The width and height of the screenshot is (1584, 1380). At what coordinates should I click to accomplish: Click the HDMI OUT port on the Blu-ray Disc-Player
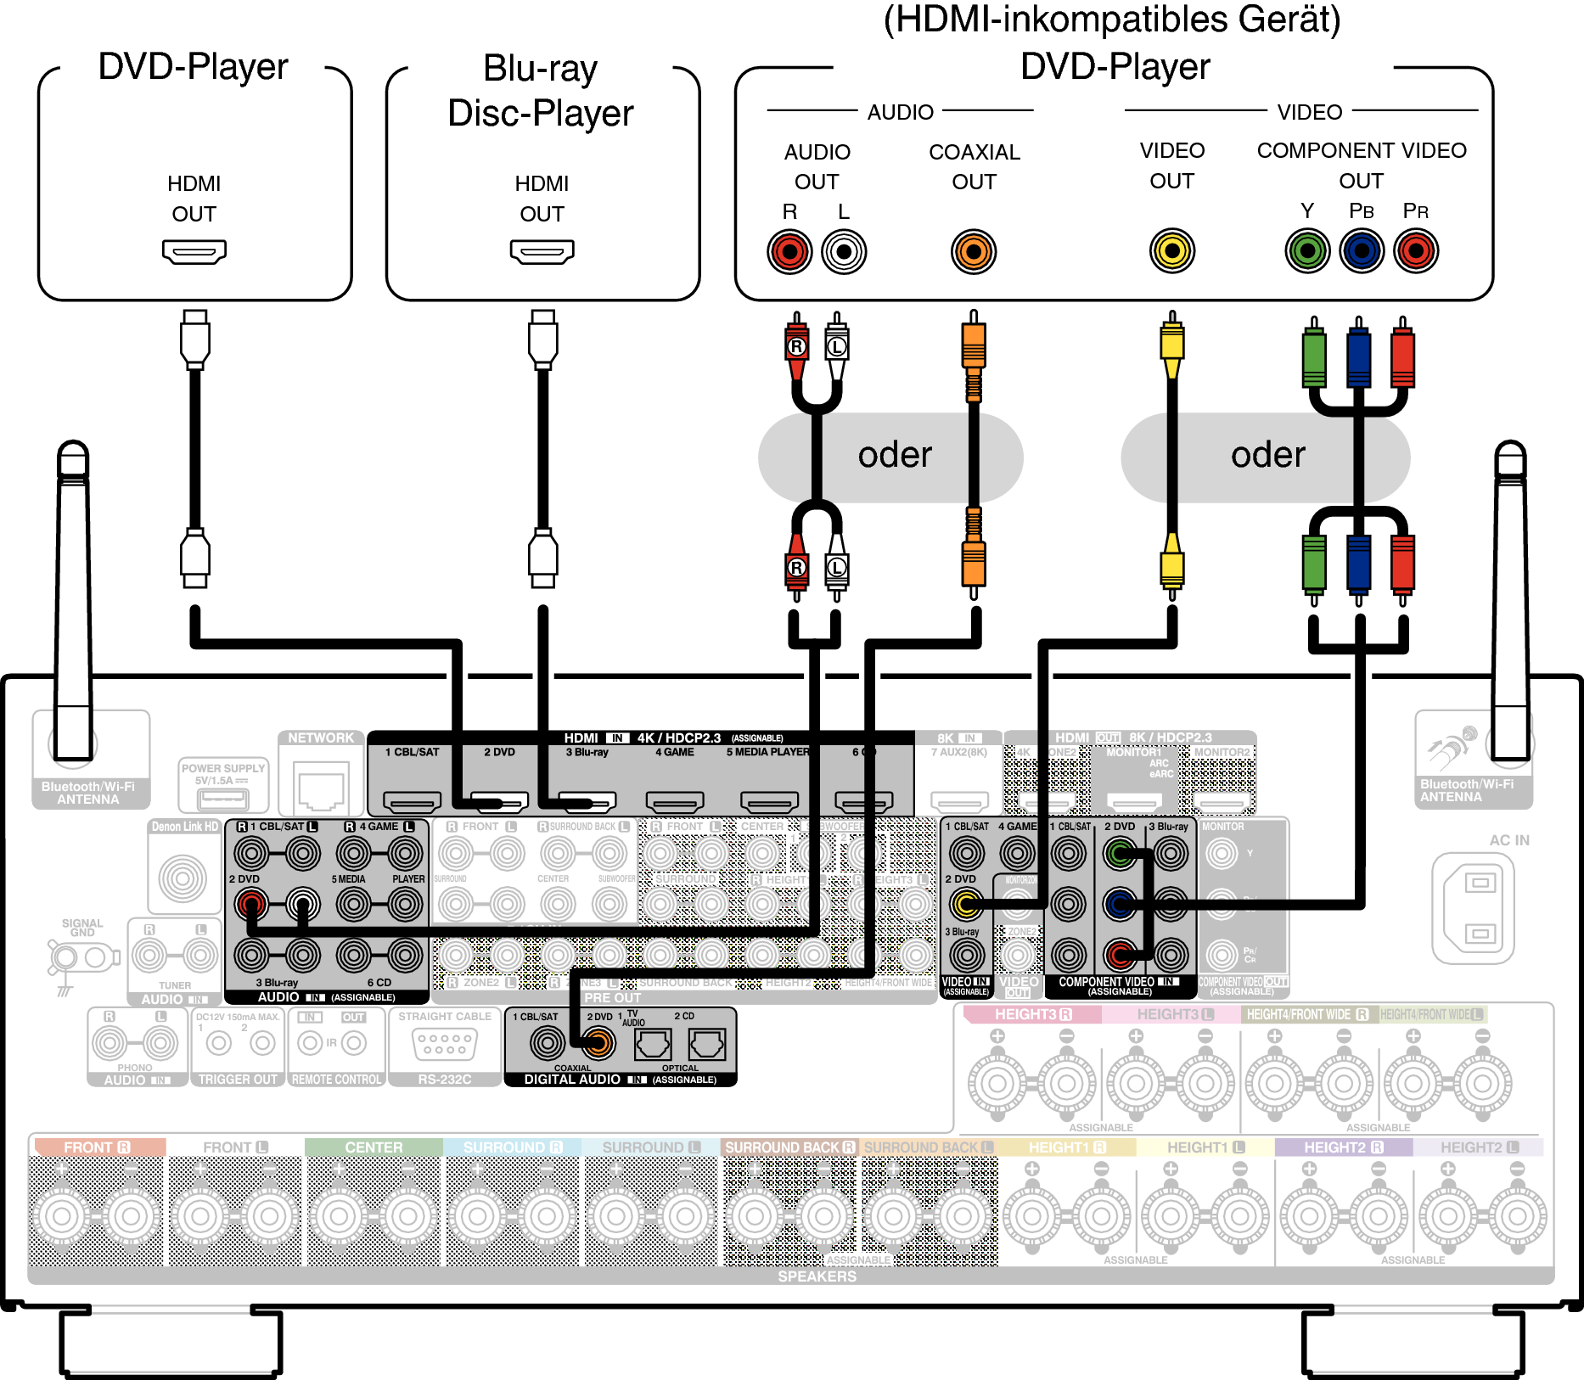(x=542, y=251)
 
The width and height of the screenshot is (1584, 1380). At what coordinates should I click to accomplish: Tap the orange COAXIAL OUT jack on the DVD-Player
(x=974, y=251)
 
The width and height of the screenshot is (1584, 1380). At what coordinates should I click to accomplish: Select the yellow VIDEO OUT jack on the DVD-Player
(x=1172, y=250)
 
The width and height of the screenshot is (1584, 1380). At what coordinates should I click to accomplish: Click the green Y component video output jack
(x=1307, y=250)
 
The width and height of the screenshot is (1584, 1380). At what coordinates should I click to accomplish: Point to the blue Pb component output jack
(x=1362, y=250)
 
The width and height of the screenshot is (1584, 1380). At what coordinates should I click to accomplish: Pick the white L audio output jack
(x=844, y=251)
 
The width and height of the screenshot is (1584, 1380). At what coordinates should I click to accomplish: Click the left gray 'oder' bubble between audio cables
(x=891, y=457)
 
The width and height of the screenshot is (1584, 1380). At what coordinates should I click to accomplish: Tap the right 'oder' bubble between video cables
(x=1265, y=457)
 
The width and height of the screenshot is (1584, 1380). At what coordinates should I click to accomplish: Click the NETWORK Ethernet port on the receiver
(x=321, y=788)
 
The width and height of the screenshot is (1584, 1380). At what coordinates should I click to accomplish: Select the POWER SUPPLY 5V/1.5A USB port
(x=223, y=799)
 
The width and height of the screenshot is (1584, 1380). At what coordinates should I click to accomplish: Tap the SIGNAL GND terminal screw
(x=65, y=958)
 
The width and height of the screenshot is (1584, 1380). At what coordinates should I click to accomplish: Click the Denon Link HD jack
(x=183, y=878)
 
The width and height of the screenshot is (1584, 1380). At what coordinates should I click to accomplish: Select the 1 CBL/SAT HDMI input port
(x=413, y=800)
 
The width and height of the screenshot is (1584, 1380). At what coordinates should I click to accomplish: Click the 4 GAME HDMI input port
(x=675, y=800)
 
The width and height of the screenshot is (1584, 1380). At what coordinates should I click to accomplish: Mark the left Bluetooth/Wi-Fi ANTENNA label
(x=88, y=793)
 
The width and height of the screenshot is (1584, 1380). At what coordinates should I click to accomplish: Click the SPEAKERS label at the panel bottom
(x=817, y=1276)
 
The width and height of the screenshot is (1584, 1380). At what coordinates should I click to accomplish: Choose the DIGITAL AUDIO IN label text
(x=572, y=1080)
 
